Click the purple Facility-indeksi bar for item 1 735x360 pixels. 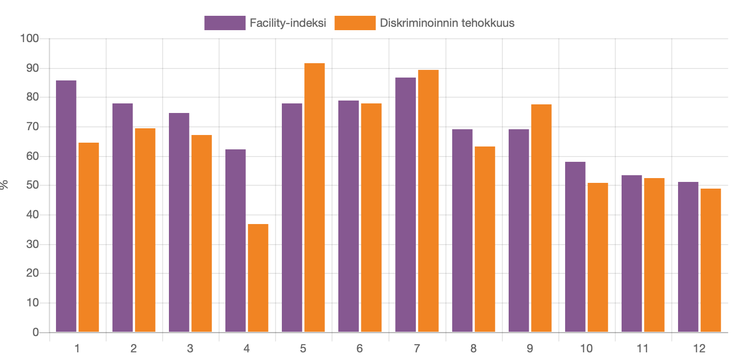tap(66, 206)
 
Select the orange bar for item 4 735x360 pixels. tap(258, 278)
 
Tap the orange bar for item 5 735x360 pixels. tap(314, 197)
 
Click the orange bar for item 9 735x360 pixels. tap(541, 218)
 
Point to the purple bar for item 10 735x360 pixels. tap(575, 247)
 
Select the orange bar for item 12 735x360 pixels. tap(711, 260)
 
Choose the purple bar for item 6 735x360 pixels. tap(348, 216)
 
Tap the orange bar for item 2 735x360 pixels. tap(145, 230)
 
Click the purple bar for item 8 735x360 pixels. tap(462, 230)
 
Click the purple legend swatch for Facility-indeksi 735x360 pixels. tap(224, 23)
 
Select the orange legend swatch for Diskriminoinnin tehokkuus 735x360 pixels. tap(355, 23)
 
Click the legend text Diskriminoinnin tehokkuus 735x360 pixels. tap(447, 23)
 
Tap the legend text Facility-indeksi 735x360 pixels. tap(288, 23)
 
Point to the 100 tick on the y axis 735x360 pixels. tap(29, 38)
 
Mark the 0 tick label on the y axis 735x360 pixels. tap(35, 332)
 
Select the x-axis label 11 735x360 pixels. tap(643, 349)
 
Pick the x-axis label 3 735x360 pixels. tap(190, 349)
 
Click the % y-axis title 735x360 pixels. tap(5, 185)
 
